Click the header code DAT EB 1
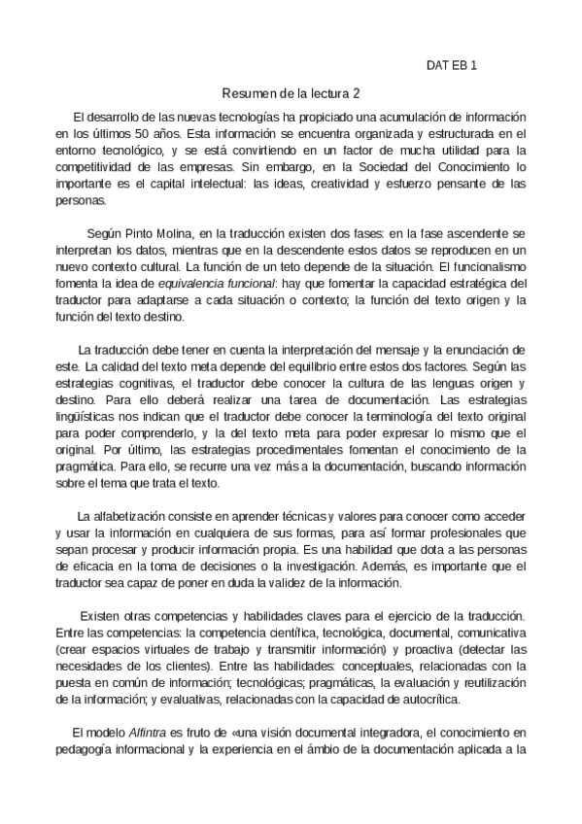[453, 66]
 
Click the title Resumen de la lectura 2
[291, 94]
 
